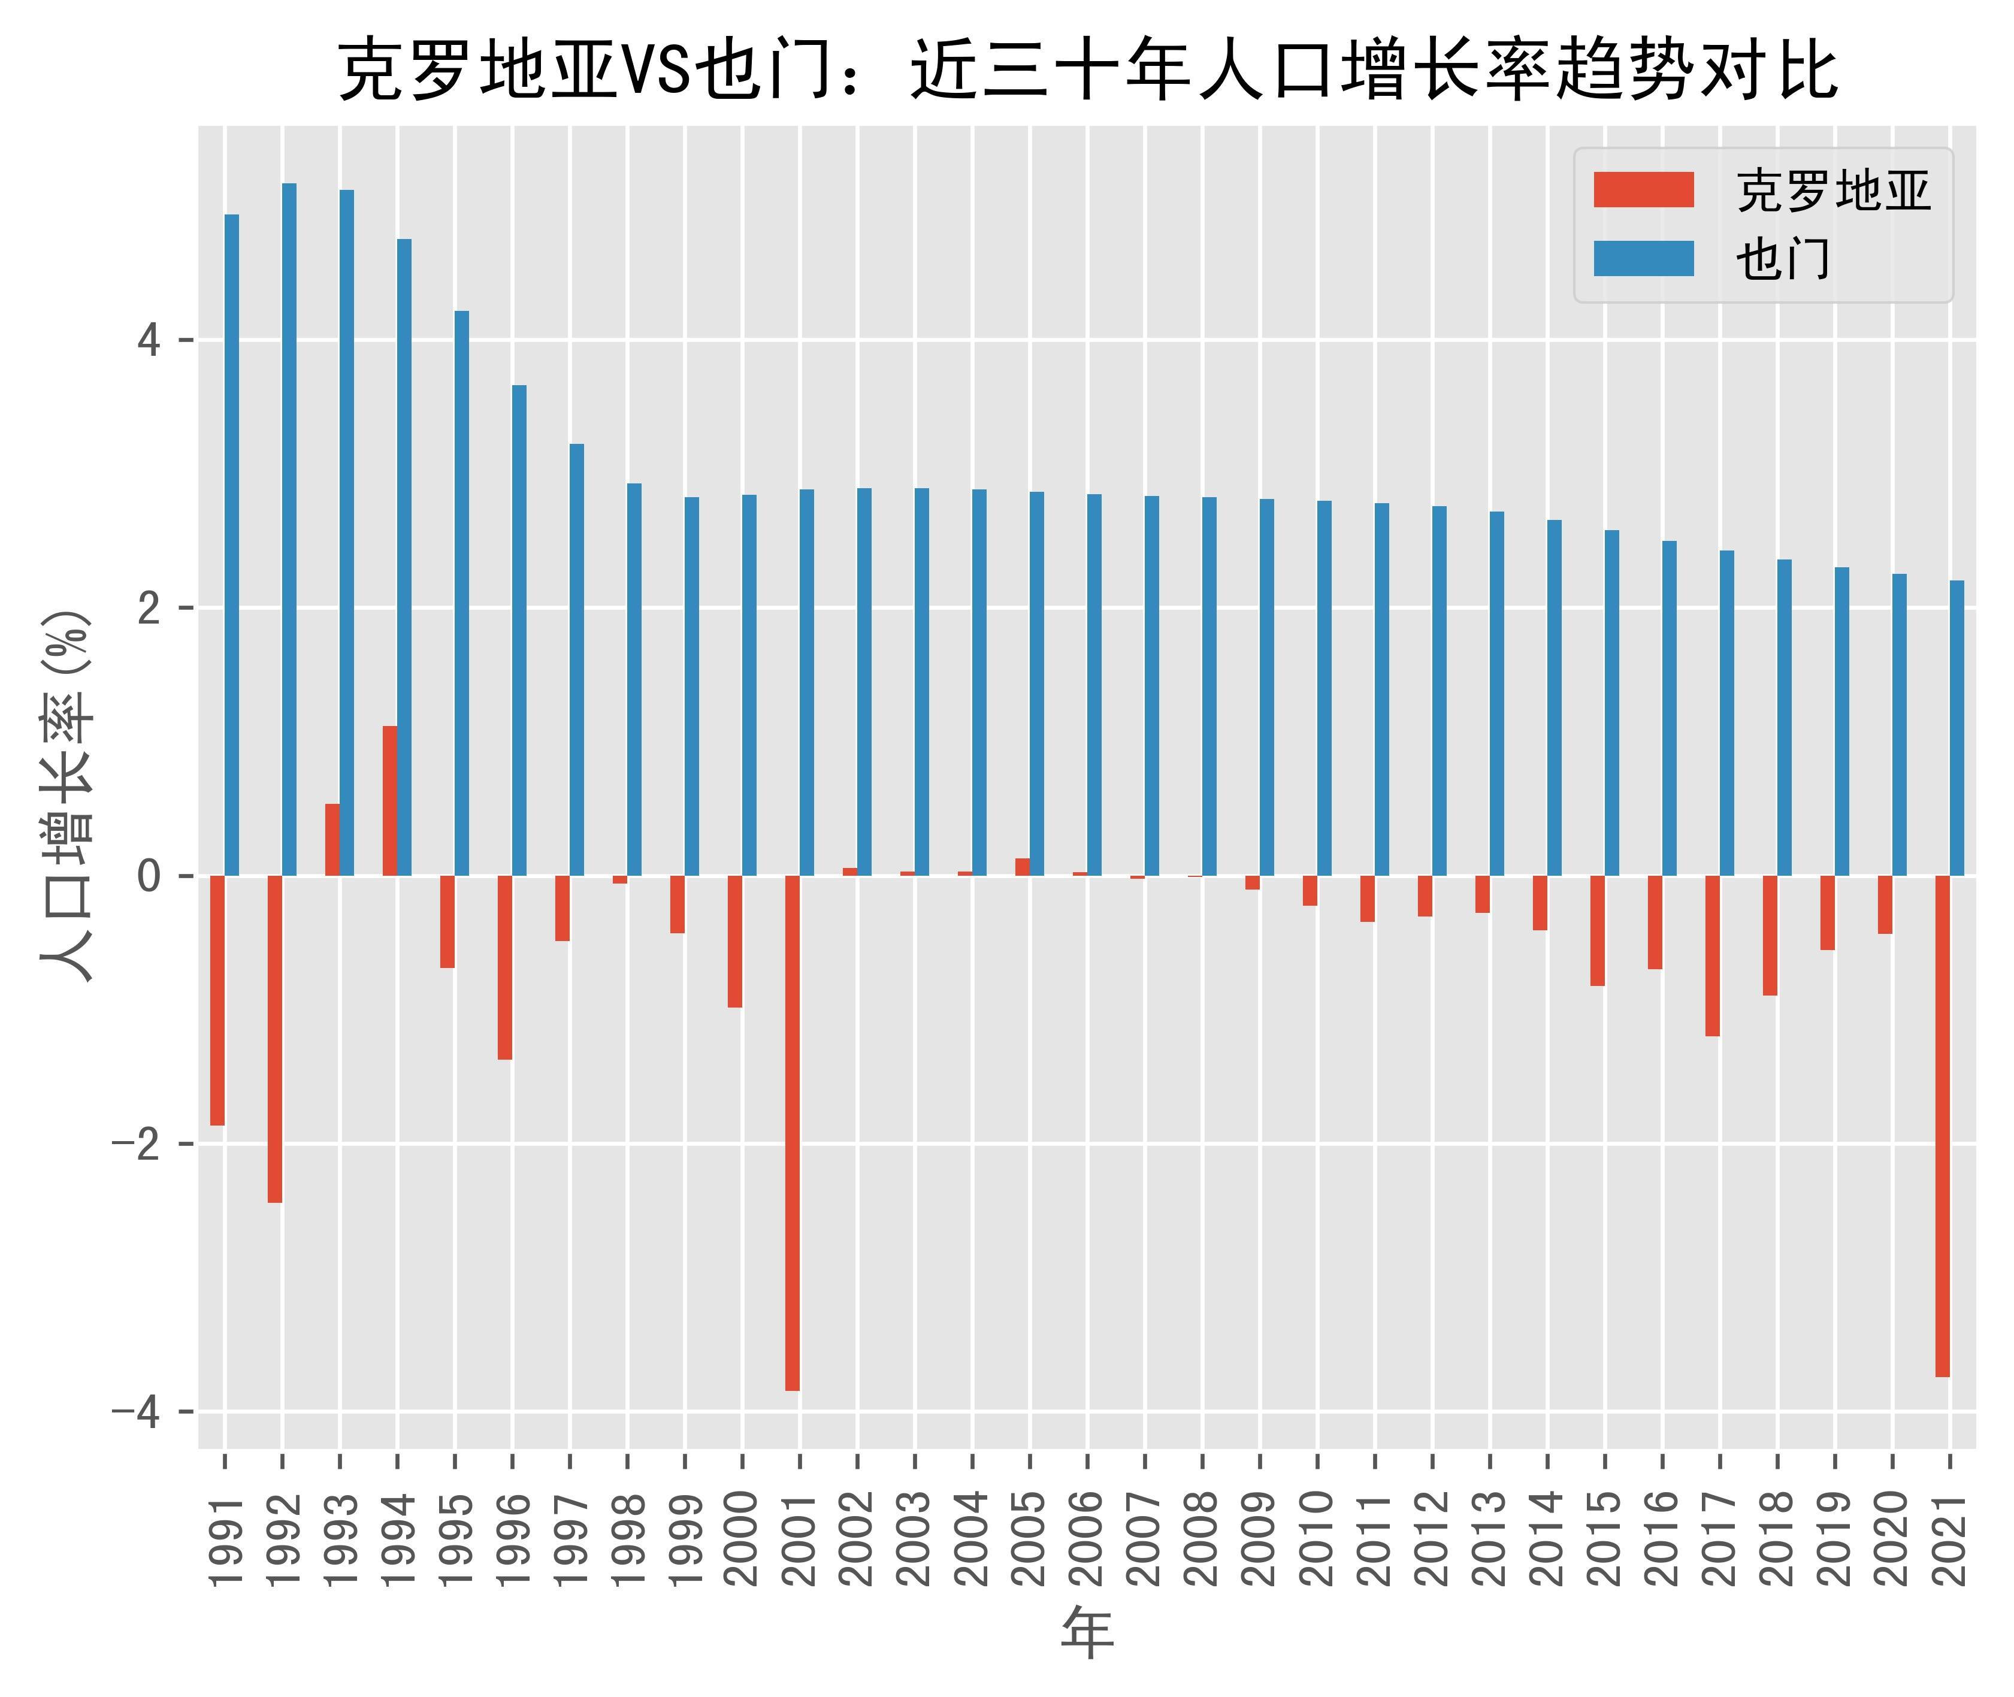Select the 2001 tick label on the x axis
(800, 1539)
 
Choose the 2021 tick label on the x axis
(1949, 1539)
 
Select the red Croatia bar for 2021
(1942, 1126)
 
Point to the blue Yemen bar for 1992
(289, 529)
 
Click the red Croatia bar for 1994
(390, 800)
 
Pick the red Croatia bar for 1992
(275, 1039)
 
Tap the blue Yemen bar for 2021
(1956, 728)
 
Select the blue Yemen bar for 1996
(519, 630)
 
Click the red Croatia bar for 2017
(1712, 955)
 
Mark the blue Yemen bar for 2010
(1324, 688)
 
